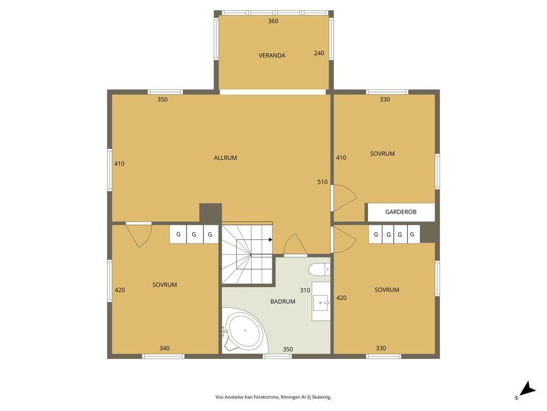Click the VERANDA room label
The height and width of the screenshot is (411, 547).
[x=272, y=56]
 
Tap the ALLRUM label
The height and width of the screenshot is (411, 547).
[x=225, y=158]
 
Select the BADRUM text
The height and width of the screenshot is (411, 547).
[x=283, y=302]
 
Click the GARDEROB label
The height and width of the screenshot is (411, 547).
[x=401, y=212]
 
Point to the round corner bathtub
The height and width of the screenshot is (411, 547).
[x=244, y=331]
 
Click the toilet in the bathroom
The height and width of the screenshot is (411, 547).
[x=319, y=270]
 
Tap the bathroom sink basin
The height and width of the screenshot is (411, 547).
[x=321, y=303]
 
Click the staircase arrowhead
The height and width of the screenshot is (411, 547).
[x=271, y=240]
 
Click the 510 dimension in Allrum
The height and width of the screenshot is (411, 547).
[x=322, y=182]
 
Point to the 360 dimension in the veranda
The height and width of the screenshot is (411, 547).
[x=273, y=21]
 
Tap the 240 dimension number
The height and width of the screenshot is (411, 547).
[x=319, y=54]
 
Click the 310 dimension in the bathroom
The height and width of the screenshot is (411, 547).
[x=305, y=291]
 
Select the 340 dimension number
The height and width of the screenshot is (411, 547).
[x=165, y=348]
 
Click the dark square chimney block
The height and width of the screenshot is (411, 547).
[x=210, y=213]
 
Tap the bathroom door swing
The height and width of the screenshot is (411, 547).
[x=296, y=245]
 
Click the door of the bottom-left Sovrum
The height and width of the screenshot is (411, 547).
[x=139, y=235]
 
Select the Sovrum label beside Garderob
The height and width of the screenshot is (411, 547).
[x=382, y=154]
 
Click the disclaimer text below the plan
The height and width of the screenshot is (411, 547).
[x=273, y=397]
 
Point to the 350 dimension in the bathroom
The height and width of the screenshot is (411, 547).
[x=288, y=349]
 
